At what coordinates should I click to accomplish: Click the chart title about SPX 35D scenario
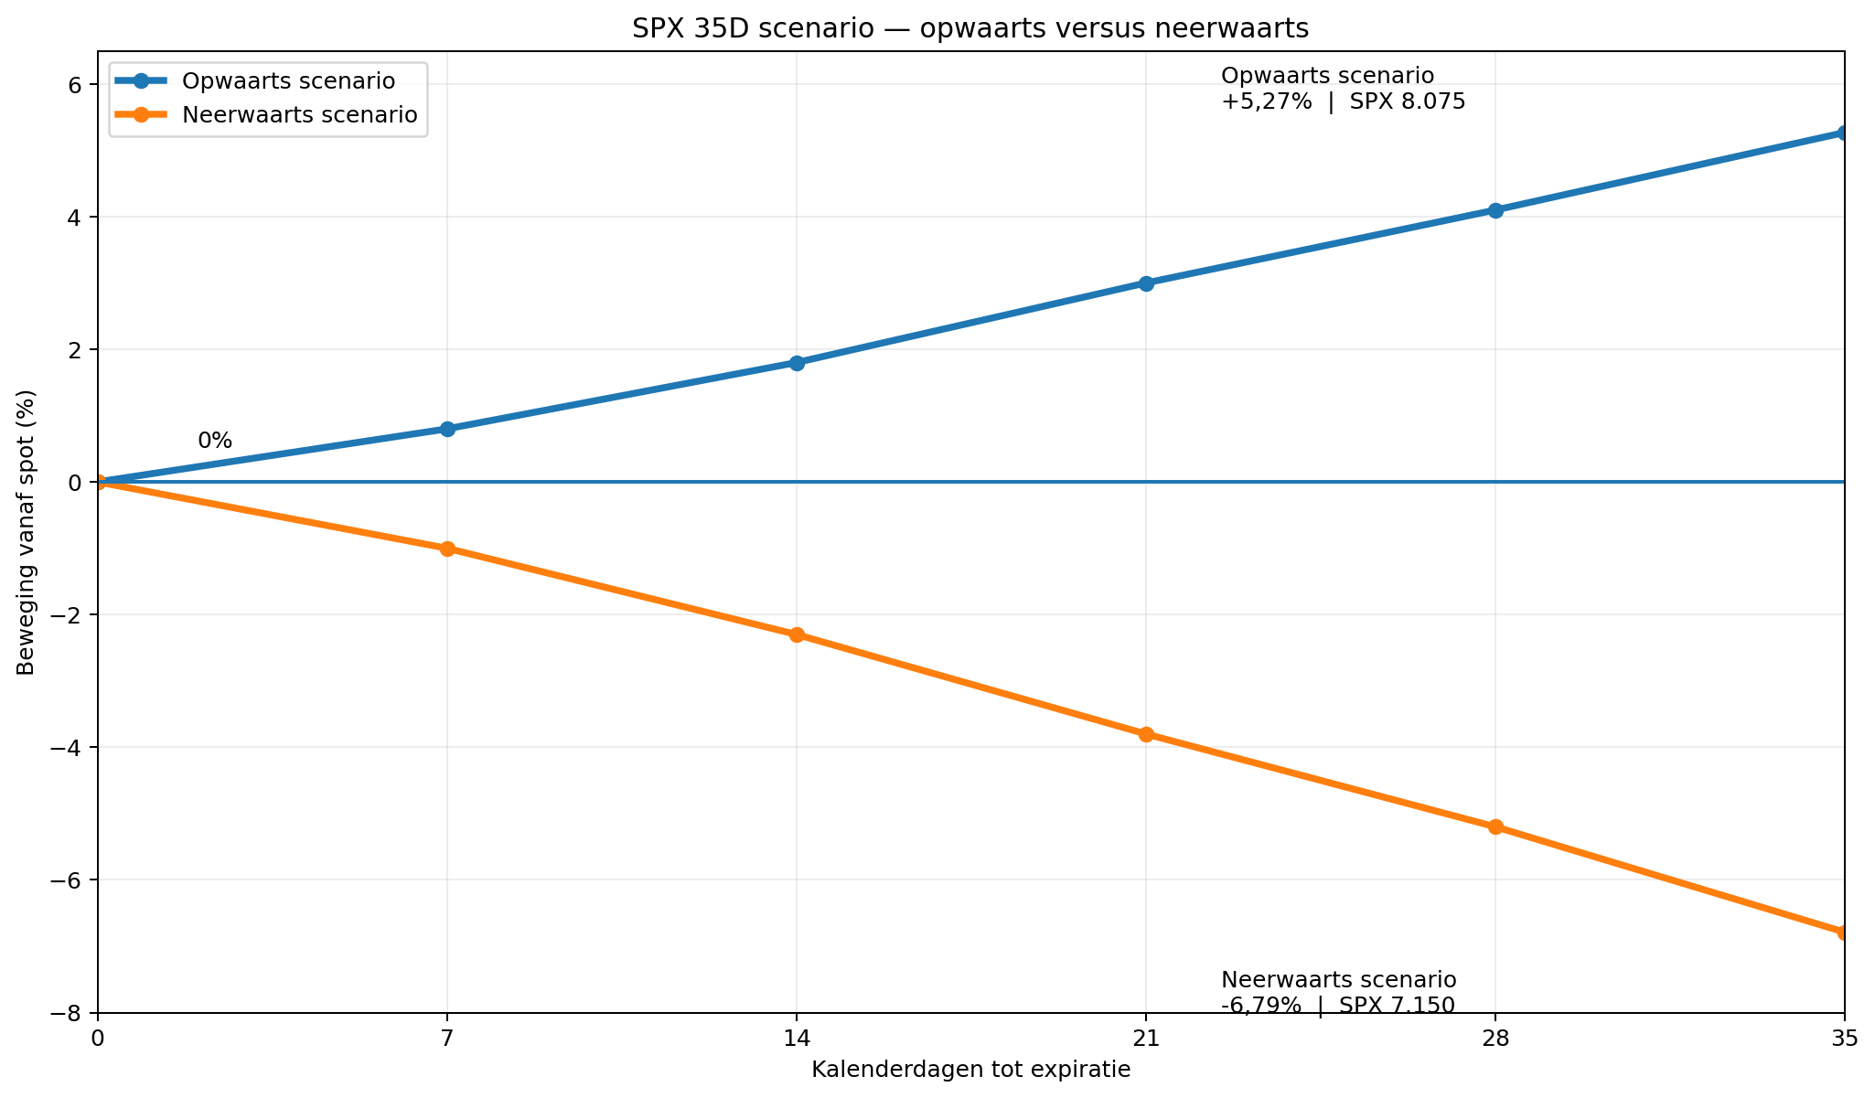coord(970,29)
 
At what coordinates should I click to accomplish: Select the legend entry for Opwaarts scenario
coord(255,81)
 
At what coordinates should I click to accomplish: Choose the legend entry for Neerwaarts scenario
coord(266,115)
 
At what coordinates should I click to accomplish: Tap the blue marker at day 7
coord(447,429)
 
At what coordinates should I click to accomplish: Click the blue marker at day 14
coord(797,363)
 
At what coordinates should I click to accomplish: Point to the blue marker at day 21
coord(1146,283)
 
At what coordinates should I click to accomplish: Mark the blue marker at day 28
coord(1495,210)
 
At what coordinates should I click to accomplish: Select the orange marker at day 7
coord(447,549)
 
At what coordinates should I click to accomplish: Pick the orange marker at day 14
coord(797,634)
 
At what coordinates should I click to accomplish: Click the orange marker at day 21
coord(1146,734)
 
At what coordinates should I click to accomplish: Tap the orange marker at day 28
coord(1495,826)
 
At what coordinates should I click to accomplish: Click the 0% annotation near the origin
coord(215,441)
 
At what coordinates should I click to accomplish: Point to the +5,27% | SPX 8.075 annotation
coord(1344,101)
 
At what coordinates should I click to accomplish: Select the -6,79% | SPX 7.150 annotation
coord(1338,1005)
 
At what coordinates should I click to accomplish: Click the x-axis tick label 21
coord(1146,1039)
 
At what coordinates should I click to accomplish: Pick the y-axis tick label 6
coord(75,85)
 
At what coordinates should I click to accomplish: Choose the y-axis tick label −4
coord(68,748)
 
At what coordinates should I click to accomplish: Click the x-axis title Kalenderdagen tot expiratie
coord(970,1070)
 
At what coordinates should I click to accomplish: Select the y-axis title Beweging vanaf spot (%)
coord(27,532)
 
